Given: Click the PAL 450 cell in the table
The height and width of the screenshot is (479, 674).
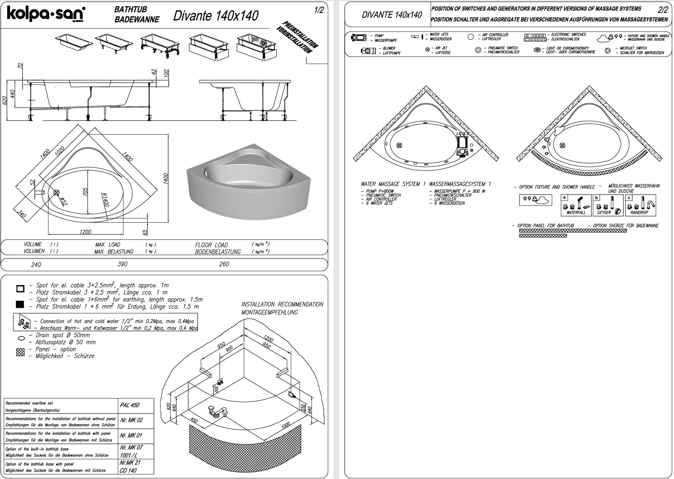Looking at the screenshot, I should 129,405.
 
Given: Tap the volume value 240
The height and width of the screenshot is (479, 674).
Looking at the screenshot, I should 36,265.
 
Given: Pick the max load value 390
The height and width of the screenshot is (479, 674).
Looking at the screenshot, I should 122,264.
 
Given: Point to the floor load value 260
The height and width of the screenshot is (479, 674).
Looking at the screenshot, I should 224,264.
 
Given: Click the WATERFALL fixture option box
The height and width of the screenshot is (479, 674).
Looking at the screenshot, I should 576,205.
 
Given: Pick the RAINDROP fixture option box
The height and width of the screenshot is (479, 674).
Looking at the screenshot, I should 641,205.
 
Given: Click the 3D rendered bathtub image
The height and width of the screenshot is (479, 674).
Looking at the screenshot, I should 248,181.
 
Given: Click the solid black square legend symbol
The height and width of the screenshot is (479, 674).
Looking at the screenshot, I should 20,304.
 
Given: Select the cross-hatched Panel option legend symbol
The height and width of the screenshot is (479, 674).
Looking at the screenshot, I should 20,353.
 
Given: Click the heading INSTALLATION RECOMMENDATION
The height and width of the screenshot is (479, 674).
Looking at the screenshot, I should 282,304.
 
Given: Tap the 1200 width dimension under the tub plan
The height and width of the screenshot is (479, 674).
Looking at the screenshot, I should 85,232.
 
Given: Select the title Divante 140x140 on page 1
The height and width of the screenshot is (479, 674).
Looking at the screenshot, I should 216,15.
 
